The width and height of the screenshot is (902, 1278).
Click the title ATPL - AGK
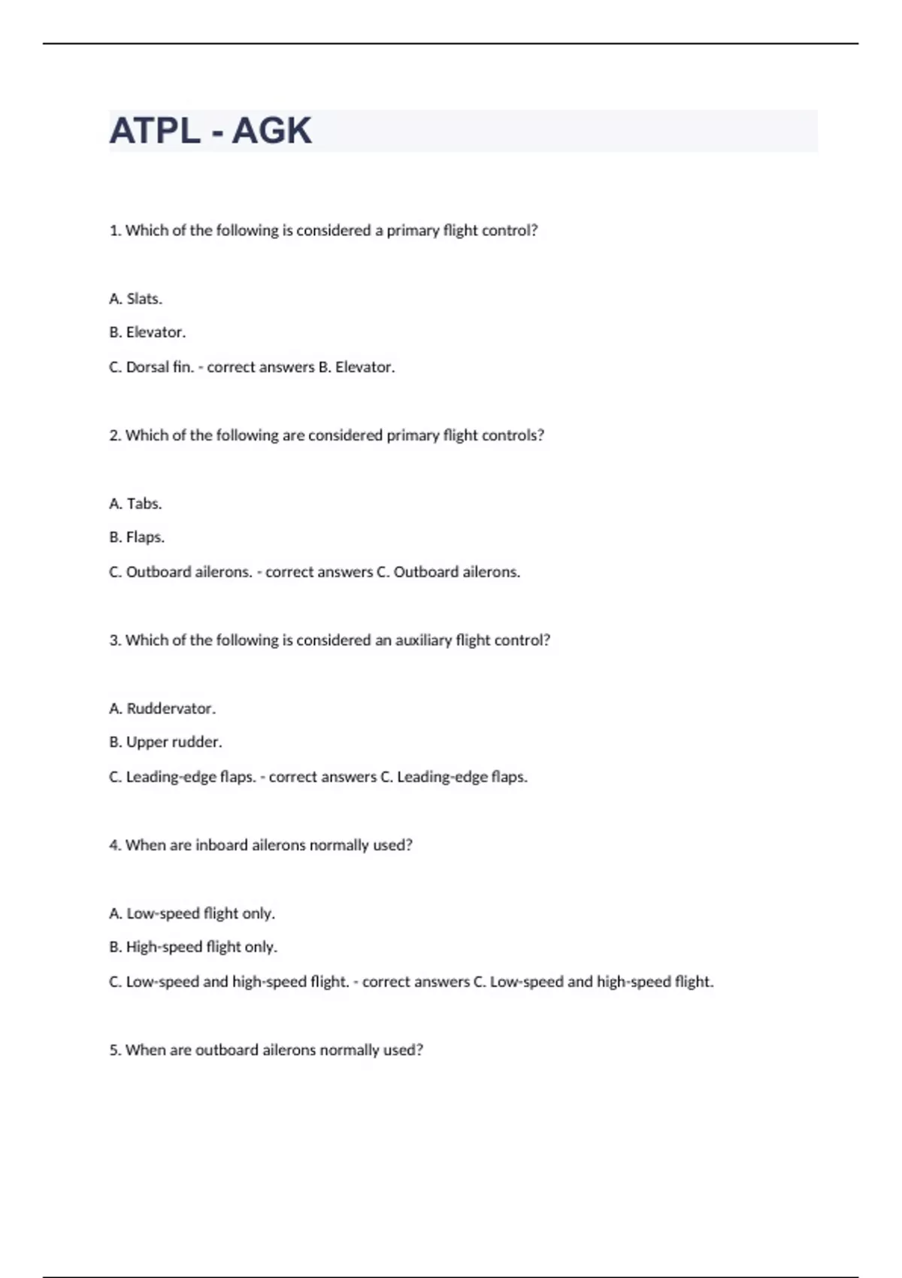pyautogui.click(x=210, y=131)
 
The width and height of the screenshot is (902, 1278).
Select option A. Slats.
pyautogui.click(x=136, y=298)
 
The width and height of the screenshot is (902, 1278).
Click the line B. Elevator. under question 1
pyautogui.click(x=147, y=332)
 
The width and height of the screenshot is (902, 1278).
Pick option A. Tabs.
pyautogui.click(x=136, y=504)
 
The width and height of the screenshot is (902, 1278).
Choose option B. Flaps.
pyautogui.click(x=137, y=538)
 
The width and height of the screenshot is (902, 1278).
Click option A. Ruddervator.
pyautogui.click(x=162, y=708)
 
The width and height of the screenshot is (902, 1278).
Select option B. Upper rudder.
pyautogui.click(x=165, y=742)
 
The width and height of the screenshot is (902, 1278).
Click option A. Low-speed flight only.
pyautogui.click(x=192, y=913)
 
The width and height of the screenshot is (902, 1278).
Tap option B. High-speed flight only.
pyautogui.click(x=193, y=947)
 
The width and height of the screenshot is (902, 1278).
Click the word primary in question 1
pyautogui.click(x=412, y=231)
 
